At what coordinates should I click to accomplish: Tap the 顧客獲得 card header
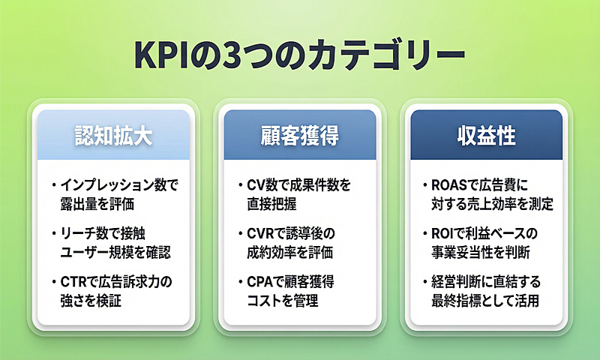tap(300, 135)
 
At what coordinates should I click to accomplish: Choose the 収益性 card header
tap(485, 135)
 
